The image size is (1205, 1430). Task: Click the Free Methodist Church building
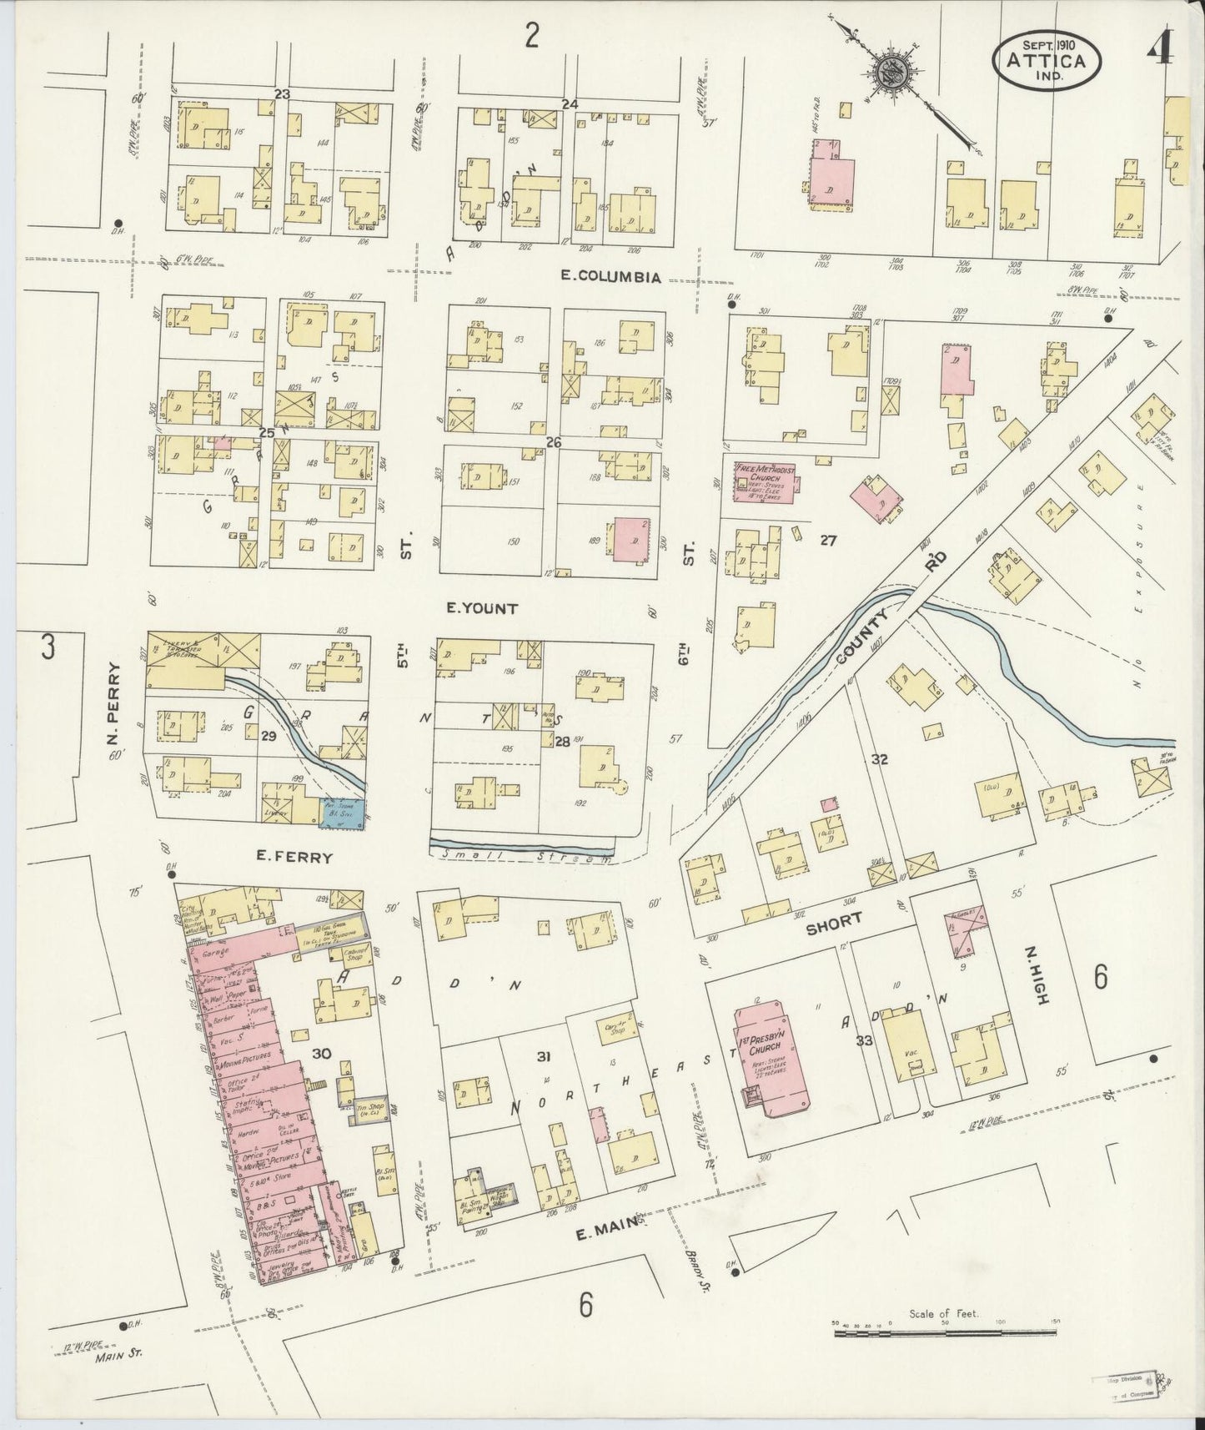pyautogui.click(x=763, y=481)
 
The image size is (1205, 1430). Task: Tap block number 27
pyautogui.click(x=827, y=541)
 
